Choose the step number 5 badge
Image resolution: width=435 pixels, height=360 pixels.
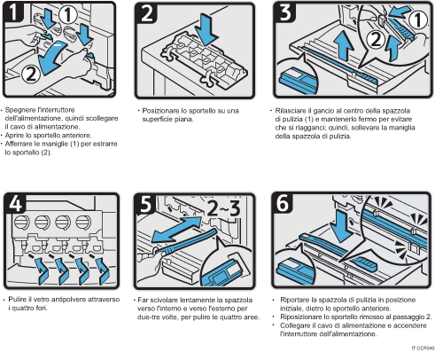pos(148,202)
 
